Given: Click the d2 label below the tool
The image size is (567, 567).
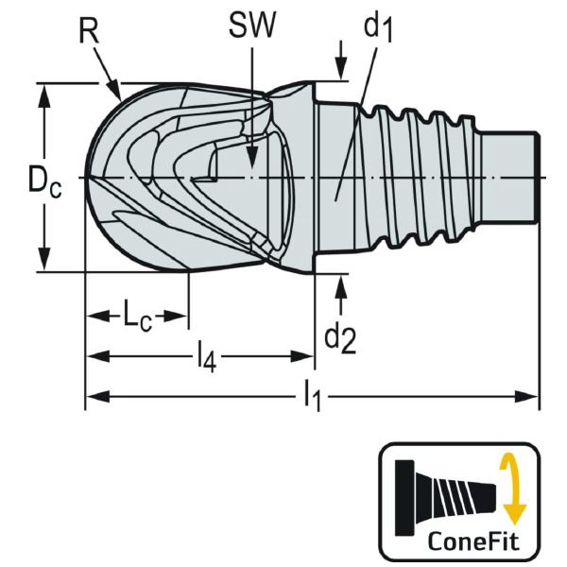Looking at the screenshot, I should pos(340,336).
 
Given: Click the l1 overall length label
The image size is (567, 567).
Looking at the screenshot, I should pos(313,398).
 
